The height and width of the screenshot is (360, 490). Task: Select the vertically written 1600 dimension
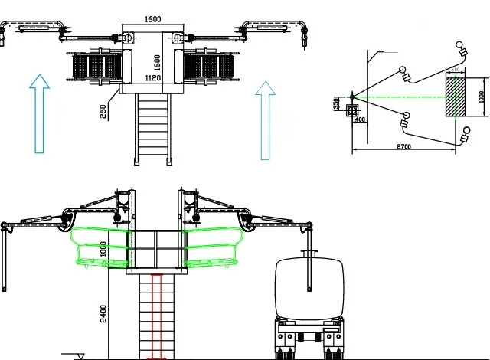[x=157, y=60]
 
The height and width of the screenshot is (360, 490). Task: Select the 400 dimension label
[x=359, y=119]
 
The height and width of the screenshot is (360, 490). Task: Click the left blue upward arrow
[x=40, y=113]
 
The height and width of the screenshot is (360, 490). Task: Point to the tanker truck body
[x=310, y=287]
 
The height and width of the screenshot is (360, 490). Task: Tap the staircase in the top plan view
[x=153, y=126]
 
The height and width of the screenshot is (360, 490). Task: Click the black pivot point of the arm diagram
[x=351, y=96]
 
